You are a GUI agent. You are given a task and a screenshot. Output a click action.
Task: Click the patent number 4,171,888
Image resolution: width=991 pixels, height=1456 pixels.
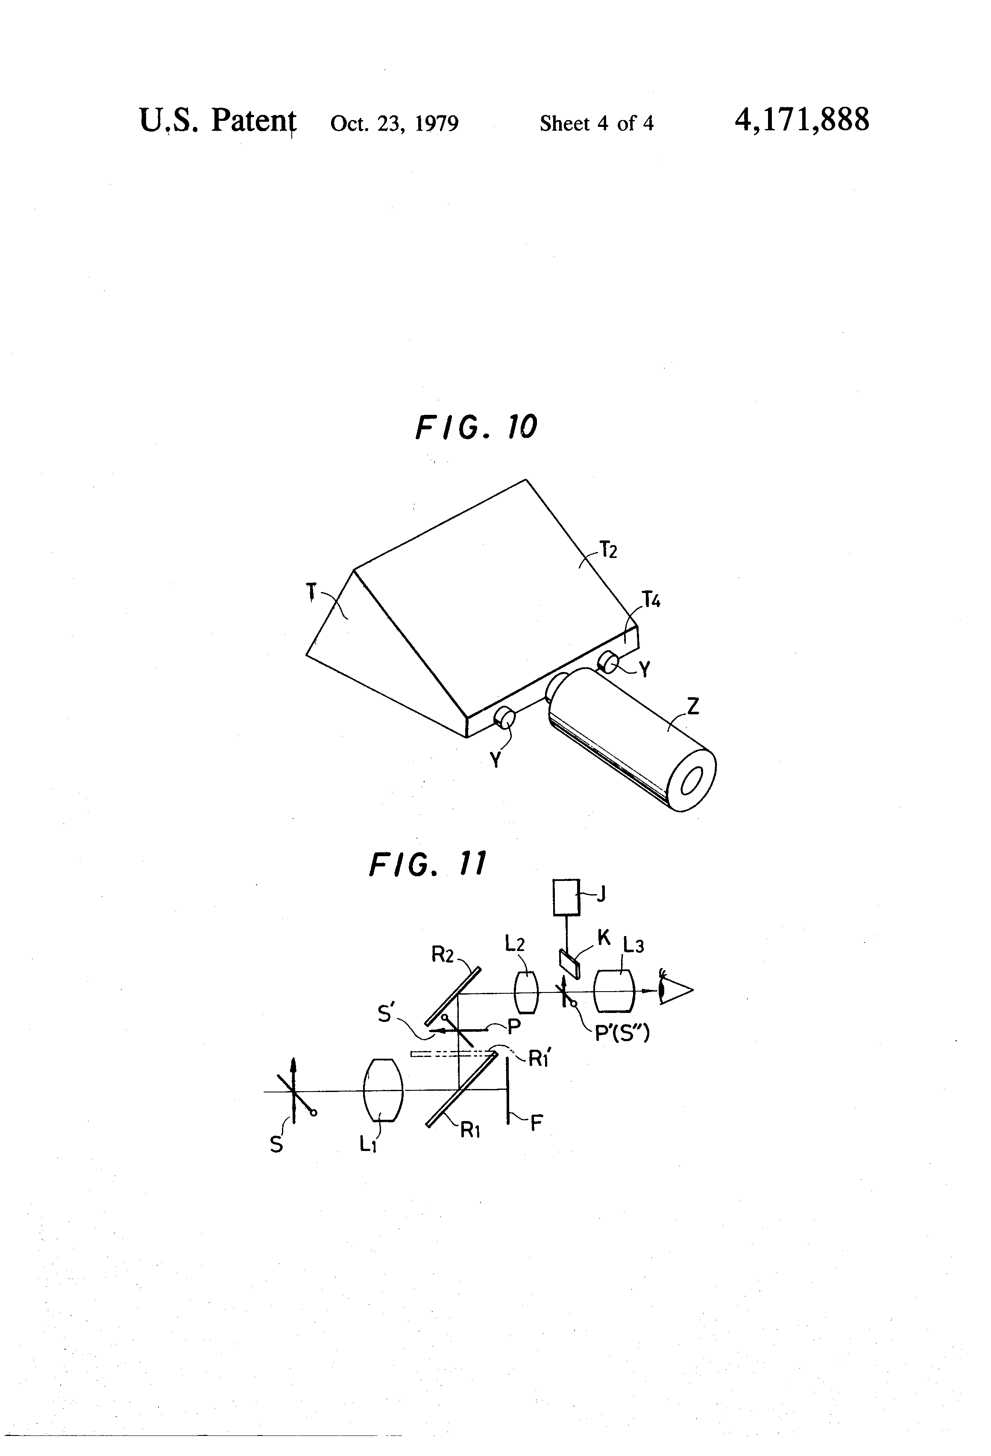801,120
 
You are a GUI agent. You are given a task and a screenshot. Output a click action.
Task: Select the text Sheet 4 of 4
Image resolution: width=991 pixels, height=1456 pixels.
596,123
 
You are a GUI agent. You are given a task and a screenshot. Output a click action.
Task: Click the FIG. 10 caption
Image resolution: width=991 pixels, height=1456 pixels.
476,427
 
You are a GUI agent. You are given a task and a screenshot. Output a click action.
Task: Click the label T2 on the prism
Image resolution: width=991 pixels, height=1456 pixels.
608,550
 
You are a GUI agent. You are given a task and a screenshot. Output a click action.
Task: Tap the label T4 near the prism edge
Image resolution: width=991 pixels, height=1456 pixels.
651,601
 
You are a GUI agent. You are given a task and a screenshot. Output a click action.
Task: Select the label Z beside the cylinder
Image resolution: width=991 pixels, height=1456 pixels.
693,707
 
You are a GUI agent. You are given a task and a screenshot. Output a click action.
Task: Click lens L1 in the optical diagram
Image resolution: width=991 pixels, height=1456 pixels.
383,1090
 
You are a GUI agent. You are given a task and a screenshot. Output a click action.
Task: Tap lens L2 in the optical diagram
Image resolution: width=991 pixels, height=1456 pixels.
526,992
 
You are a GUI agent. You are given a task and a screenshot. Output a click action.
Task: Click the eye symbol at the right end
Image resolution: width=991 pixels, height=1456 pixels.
673,990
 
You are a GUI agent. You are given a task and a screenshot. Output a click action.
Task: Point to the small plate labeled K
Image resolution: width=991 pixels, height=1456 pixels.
569,963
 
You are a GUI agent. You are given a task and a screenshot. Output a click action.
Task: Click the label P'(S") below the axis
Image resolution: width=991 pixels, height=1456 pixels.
622,1032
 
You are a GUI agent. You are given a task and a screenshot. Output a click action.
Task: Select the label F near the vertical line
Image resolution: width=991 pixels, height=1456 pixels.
536,1123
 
